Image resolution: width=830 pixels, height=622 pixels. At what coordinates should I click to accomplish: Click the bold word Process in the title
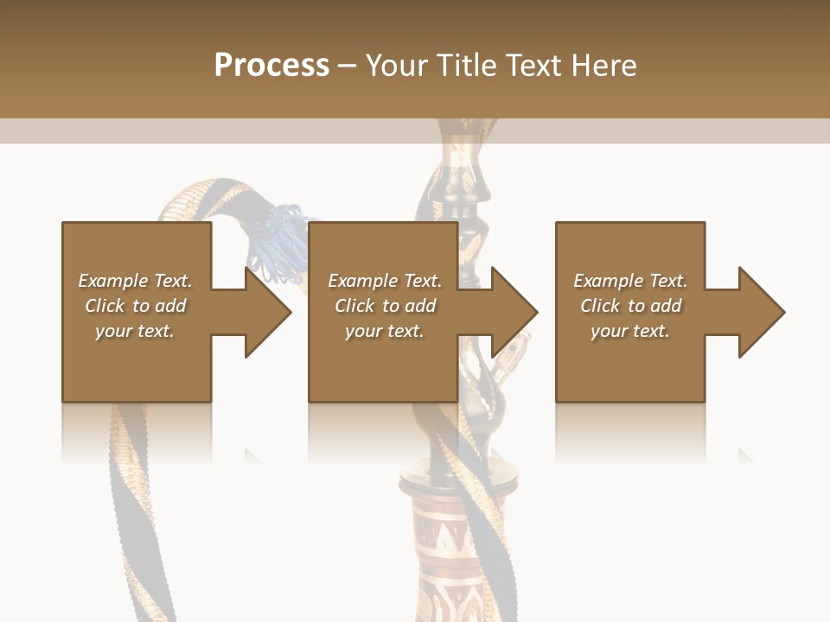(271, 66)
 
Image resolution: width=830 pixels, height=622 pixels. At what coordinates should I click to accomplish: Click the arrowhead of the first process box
(269, 312)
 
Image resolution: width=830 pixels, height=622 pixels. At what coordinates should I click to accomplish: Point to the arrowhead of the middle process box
(515, 312)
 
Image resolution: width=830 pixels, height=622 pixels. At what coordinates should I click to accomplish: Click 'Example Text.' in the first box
(135, 281)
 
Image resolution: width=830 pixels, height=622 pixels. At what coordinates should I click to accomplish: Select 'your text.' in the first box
(135, 331)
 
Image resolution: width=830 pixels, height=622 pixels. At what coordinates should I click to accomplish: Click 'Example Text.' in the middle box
(385, 281)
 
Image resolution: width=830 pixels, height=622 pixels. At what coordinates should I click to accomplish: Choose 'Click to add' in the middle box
(385, 306)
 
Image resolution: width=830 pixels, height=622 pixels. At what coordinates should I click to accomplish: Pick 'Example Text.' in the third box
(630, 281)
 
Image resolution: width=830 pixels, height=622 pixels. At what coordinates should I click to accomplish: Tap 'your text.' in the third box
(630, 331)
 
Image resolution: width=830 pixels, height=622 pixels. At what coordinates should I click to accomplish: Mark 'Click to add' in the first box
(135, 306)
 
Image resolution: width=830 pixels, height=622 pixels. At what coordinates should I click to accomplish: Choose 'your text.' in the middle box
(385, 331)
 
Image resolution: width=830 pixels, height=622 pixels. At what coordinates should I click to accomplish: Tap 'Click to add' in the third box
(630, 306)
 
